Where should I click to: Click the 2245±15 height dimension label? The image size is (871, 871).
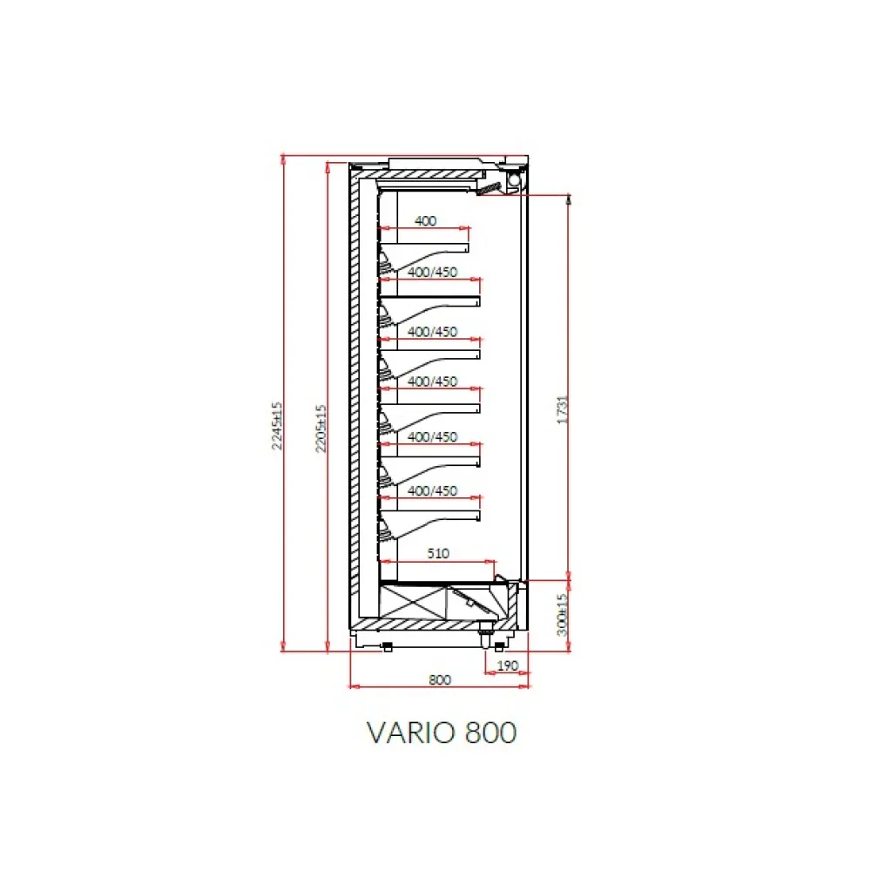coord(278,425)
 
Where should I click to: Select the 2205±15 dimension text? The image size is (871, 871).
coord(321,427)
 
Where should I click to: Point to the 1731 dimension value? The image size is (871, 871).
coord(562,409)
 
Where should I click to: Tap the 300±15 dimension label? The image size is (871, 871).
coord(562,613)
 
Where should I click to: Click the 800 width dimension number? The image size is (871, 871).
coord(440,680)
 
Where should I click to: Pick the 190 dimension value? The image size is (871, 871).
coord(507,665)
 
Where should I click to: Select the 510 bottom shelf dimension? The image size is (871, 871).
coord(439,552)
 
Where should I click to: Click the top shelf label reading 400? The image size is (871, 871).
coord(425,221)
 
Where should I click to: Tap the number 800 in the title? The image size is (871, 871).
coord(492,732)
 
